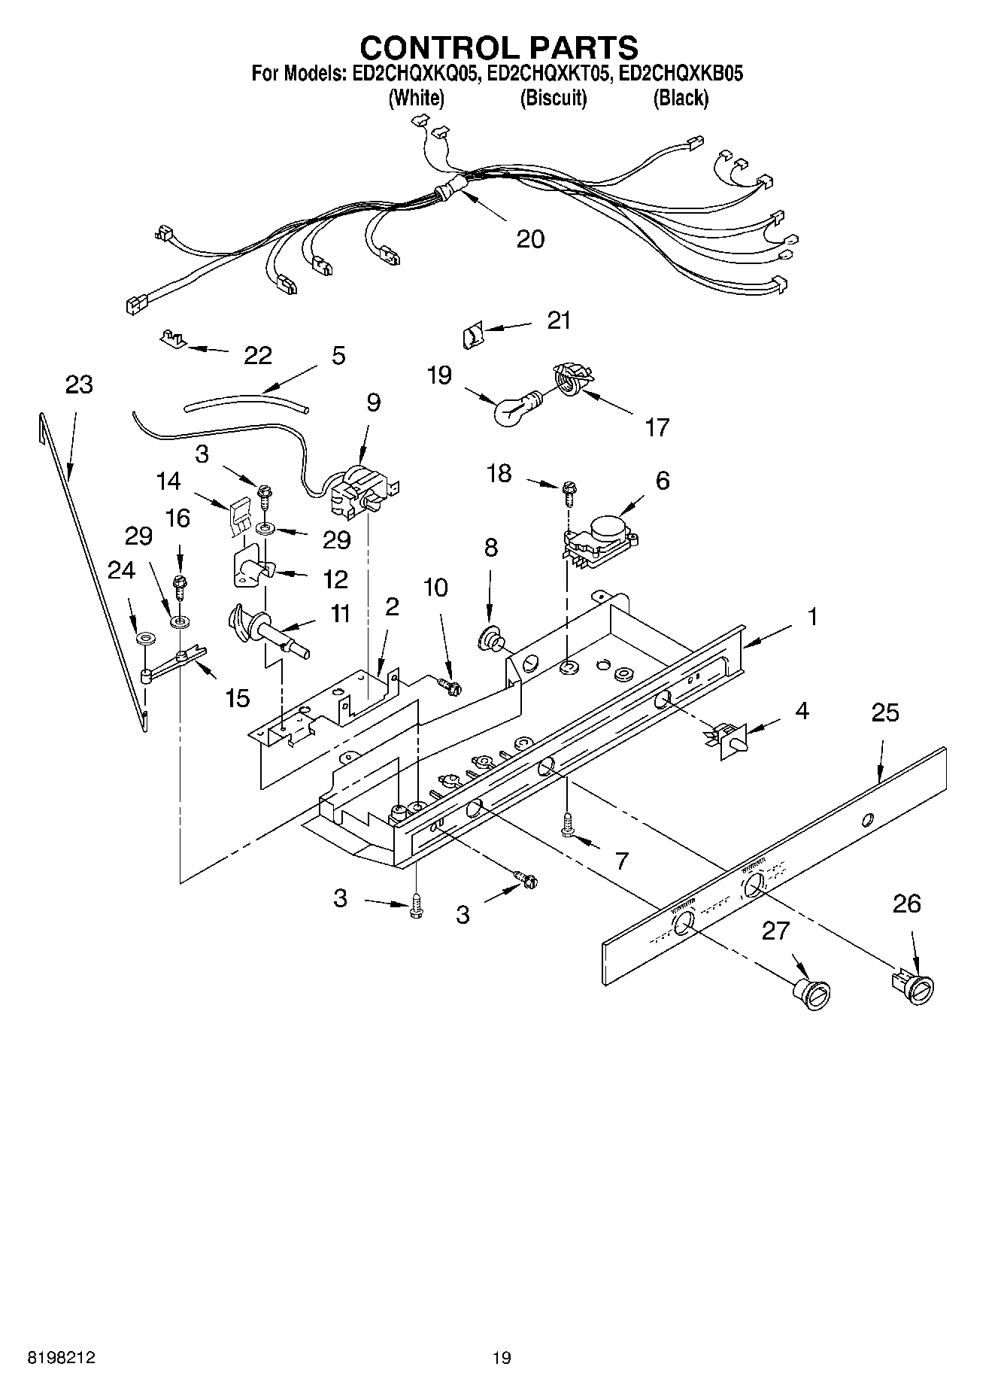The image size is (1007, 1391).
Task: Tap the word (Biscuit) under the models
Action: point(553,98)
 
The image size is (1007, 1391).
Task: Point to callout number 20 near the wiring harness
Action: point(530,239)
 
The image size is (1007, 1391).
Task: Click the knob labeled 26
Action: point(914,986)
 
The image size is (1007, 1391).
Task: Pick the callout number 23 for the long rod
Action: point(79,384)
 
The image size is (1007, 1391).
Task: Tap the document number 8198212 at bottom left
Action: point(61,1358)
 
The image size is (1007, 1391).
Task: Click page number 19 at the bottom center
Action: point(502,1358)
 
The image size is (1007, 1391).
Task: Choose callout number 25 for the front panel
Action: point(884,712)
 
